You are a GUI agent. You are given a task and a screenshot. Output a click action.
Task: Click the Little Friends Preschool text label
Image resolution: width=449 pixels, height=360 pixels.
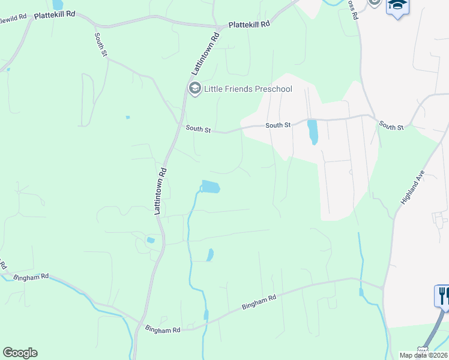248,89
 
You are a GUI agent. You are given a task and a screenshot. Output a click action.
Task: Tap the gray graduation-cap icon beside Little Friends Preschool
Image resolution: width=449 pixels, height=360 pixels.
194,89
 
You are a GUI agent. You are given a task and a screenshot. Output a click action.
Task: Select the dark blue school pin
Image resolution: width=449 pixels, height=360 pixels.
397,7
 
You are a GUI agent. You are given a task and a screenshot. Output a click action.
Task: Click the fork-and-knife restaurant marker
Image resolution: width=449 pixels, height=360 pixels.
443,295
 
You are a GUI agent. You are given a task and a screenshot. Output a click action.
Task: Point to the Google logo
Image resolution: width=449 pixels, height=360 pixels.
20,353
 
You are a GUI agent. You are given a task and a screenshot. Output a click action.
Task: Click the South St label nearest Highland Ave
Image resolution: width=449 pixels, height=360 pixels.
392,125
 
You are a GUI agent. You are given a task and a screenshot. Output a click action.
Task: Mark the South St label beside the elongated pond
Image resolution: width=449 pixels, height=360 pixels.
278,125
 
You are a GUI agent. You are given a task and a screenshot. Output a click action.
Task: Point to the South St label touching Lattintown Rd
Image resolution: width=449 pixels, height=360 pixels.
198,128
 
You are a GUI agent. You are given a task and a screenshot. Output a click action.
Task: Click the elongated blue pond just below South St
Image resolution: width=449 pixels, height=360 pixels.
312,131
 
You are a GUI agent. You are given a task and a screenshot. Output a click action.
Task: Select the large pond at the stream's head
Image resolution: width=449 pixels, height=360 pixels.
211,187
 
